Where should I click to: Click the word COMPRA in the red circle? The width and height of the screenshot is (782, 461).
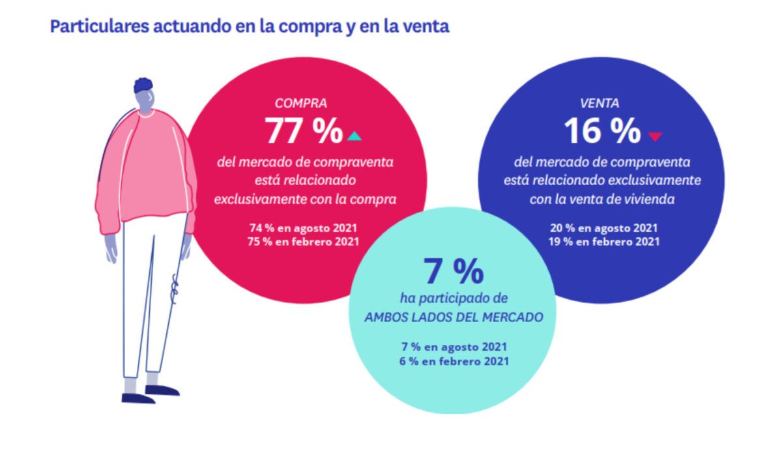pos(300,103)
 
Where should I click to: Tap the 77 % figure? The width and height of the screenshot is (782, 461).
pos(304,132)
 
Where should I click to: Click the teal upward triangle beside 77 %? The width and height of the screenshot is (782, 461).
pos(354,136)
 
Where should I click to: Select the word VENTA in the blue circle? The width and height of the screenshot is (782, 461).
pos(599,103)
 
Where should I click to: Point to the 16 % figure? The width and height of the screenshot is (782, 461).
pos(602,132)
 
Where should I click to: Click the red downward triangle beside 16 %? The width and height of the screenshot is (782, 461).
pos(655,136)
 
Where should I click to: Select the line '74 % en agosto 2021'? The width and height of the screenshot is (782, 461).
pos(304,228)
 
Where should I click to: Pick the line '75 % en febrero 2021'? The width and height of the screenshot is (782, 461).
pos(304,241)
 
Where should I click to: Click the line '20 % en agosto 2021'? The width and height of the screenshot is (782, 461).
pos(603,228)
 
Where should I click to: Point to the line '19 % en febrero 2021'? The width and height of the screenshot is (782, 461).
pos(603,241)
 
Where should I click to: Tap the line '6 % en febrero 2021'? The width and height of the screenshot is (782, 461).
pos(454,361)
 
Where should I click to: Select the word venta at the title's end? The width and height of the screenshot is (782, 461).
pos(427,27)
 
